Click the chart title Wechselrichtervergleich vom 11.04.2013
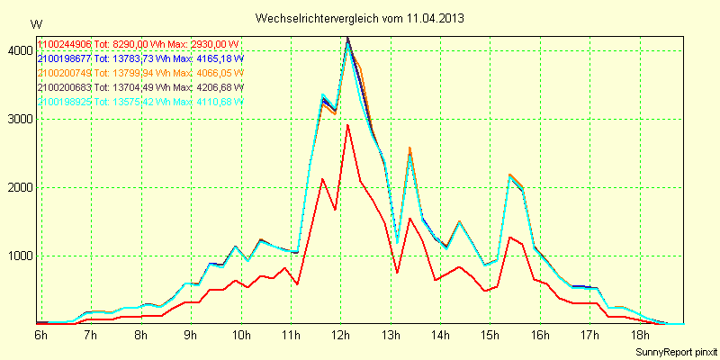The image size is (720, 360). pos(360,18)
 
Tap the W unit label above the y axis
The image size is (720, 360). pos(35,24)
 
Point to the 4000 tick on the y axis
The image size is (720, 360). pos(19,51)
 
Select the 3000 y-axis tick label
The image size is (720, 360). pos(19,120)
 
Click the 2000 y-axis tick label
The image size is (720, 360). pos(19,188)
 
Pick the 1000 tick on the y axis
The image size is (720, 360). pos(19,256)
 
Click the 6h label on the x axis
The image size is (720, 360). pos(40,335)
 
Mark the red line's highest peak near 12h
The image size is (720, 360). pos(347,124)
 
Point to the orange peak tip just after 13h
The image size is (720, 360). pos(409,148)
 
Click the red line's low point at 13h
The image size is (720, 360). pos(398,272)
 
